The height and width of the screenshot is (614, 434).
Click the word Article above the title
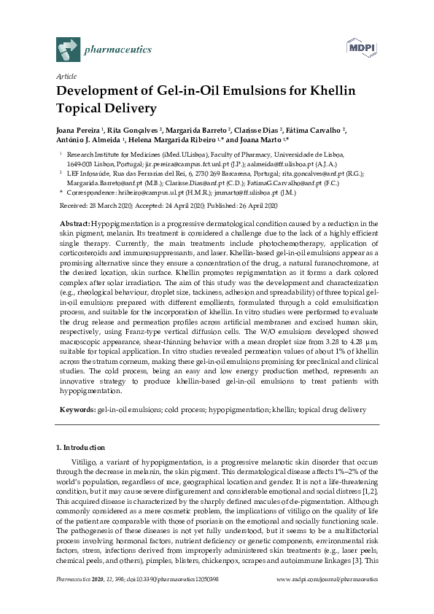pyautogui.click(x=66, y=76)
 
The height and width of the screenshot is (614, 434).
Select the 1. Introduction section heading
pyautogui.click(x=80, y=446)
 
